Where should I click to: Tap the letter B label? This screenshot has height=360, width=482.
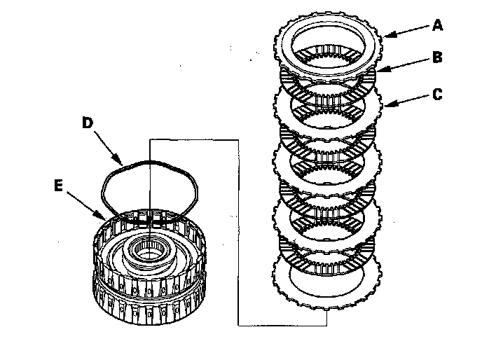pos(437,57)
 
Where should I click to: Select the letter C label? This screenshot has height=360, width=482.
pos(437,93)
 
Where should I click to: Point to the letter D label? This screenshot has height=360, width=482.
pos(88,123)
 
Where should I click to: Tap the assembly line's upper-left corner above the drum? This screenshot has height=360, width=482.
pos(151,139)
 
